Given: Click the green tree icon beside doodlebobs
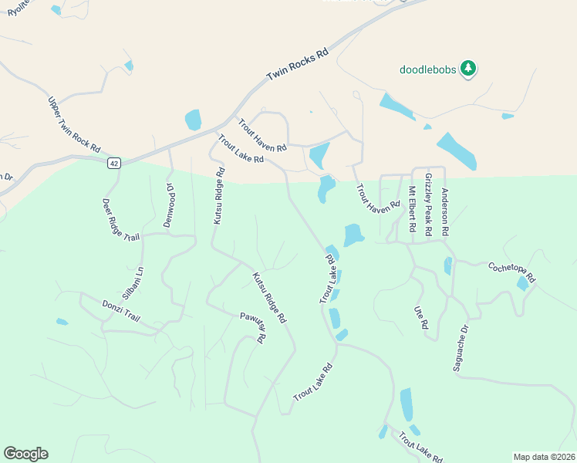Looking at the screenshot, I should [467, 69].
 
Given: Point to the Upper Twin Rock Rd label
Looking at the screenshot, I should [74, 124].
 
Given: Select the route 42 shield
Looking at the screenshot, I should [114, 163].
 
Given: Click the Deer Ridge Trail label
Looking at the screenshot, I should [121, 220].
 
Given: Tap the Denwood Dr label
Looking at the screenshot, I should [170, 204].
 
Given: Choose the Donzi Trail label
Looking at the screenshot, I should [121, 311].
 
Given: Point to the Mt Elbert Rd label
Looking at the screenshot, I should [410, 206].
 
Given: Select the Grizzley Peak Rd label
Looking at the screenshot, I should [428, 204].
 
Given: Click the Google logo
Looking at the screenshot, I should [25, 454].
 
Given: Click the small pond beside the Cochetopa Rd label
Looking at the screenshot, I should [523, 283].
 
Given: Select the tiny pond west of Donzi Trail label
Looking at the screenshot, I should [62, 322].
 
